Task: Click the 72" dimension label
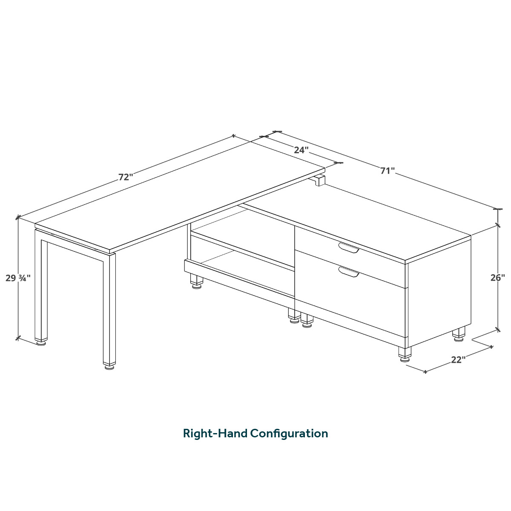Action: click(x=125, y=177)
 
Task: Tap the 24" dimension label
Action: click(x=301, y=150)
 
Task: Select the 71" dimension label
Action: click(x=388, y=171)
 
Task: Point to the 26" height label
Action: click(x=497, y=278)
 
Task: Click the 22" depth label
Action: click(x=458, y=360)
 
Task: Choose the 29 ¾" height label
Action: click(x=18, y=278)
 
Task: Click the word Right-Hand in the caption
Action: click(x=215, y=434)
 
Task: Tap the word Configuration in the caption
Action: click(x=289, y=434)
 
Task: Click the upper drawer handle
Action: click(x=349, y=247)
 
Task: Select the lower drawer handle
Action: click(x=349, y=272)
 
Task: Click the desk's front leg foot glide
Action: click(x=109, y=367)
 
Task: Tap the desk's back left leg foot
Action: click(x=41, y=343)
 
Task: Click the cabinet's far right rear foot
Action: click(x=459, y=335)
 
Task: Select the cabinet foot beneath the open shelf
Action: click(x=196, y=281)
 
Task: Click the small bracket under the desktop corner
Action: click(x=317, y=180)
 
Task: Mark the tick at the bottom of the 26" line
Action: click(x=498, y=330)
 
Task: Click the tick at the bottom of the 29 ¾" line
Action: click(x=18, y=338)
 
